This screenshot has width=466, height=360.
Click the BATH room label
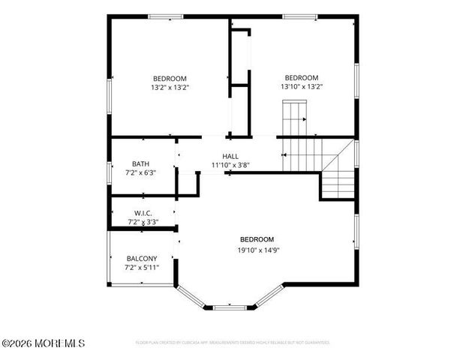[x=140, y=163]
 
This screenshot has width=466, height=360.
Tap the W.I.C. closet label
[x=143, y=213]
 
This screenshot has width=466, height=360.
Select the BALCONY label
[x=141, y=258]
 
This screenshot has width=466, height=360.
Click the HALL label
[x=230, y=156]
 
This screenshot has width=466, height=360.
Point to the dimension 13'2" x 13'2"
[x=170, y=87]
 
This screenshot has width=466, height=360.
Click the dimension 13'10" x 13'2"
[x=302, y=86]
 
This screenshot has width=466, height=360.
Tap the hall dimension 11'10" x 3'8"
[x=230, y=165]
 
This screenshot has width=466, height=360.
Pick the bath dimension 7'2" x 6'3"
[x=140, y=172]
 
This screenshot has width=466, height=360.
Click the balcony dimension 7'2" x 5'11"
[x=141, y=267]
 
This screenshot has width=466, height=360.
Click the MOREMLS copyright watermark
[x=44, y=343]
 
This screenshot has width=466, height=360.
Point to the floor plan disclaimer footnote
[x=232, y=342]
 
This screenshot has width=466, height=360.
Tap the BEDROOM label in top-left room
[x=170, y=78]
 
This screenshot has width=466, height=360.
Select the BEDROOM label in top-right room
[x=302, y=77]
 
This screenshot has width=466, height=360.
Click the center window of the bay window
[x=230, y=307]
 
